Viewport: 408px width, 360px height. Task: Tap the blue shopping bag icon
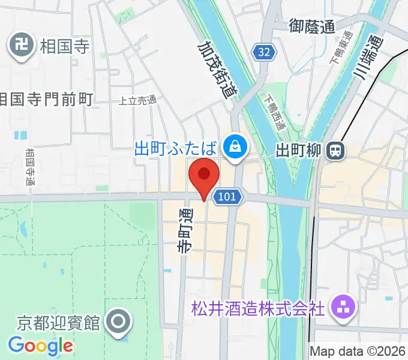coord(235,146)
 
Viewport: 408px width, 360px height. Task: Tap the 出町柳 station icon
coord(337,151)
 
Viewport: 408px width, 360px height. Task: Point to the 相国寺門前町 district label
coord(46,98)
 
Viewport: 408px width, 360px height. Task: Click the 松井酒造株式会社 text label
coord(258,309)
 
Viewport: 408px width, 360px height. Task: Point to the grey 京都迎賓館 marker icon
coord(118,323)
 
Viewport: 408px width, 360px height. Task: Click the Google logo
coord(41,346)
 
